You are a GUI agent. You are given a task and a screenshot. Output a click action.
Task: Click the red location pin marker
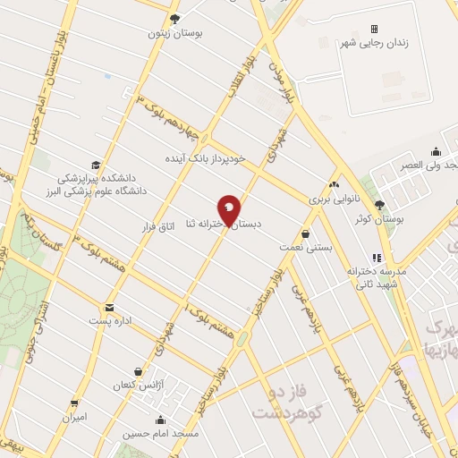tap(229, 210)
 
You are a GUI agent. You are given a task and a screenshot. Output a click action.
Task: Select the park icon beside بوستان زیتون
tap(174, 18)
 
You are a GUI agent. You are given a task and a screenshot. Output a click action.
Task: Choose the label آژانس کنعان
tap(134, 386)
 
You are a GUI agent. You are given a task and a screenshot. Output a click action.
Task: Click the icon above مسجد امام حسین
tap(160, 420)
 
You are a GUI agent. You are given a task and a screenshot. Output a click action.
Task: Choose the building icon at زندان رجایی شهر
tap(375, 29)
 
